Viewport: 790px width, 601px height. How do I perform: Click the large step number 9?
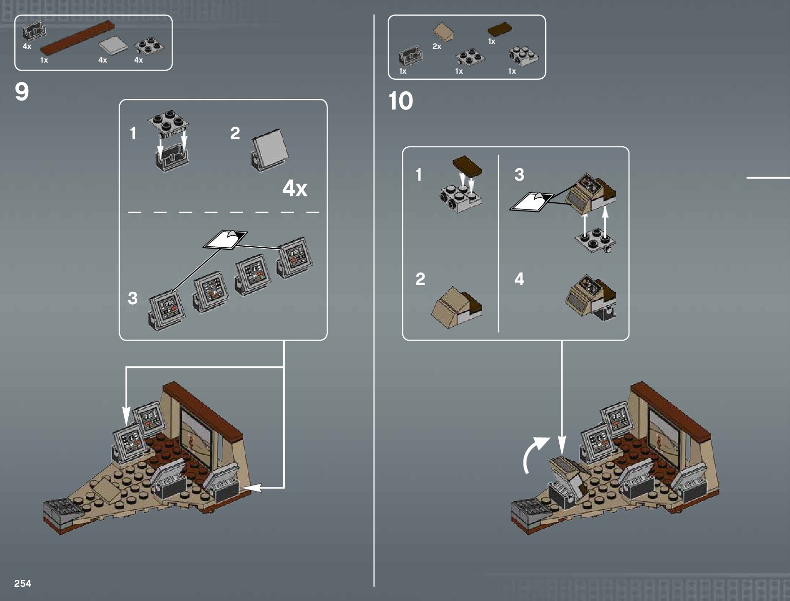22,92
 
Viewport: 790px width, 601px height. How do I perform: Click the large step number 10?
400,101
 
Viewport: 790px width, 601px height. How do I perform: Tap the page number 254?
23,583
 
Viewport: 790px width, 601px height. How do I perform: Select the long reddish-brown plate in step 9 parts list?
77,38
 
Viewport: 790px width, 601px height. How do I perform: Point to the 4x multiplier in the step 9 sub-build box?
295,189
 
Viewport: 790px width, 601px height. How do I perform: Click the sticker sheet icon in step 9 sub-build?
225,239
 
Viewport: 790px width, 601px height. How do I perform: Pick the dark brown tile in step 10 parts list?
500,29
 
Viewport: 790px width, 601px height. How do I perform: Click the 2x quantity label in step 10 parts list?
437,46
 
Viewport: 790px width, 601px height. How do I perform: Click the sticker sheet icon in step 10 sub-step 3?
532,202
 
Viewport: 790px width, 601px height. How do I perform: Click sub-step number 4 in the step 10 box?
519,279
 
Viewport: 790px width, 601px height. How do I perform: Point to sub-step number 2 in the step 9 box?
235,134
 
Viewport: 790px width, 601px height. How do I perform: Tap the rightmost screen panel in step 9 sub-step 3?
295,257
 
